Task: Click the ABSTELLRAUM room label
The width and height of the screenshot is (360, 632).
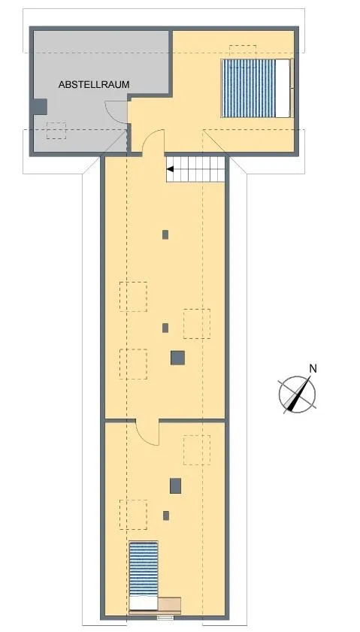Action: pos(94,85)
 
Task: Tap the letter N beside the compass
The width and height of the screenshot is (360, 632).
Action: pos(313,368)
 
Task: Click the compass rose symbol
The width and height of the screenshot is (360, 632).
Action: pos(297,395)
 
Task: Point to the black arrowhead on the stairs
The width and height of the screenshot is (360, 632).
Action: pos(170,169)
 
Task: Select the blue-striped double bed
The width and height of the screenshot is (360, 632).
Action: pos(256,88)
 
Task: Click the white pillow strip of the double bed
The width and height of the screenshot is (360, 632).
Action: pos(283,88)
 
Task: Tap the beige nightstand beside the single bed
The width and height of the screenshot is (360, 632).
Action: pos(169,605)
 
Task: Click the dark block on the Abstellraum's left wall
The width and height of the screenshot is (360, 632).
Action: pos(40,107)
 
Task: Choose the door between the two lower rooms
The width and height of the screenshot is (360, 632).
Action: pos(147,432)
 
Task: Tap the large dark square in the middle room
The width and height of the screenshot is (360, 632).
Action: pos(177,358)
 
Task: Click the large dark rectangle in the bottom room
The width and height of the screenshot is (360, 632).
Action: pos(175,485)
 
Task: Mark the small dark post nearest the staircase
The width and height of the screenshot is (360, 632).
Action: pos(165,234)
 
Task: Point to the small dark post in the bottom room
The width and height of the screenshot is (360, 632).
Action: pos(166,515)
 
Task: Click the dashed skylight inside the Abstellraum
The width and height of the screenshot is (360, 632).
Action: pos(56,131)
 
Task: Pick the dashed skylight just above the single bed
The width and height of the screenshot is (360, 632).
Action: pos(134,514)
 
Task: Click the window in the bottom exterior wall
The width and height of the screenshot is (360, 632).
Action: pos(165,617)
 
